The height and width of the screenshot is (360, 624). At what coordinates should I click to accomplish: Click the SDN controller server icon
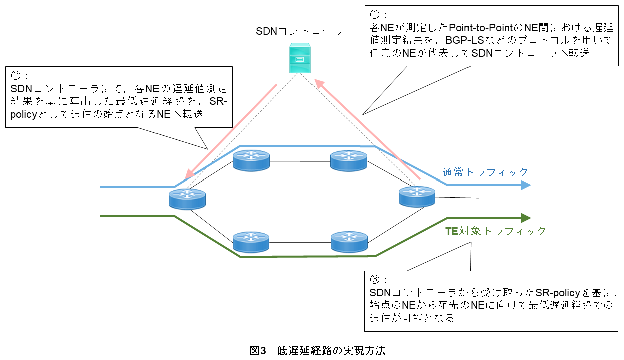[x=299, y=58]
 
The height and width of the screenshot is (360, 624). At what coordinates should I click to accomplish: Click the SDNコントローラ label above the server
[x=299, y=31]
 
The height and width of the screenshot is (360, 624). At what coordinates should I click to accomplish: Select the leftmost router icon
[x=187, y=200]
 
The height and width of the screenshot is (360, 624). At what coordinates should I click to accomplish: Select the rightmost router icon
[x=417, y=196]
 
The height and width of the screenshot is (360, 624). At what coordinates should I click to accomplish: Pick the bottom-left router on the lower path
[x=251, y=242]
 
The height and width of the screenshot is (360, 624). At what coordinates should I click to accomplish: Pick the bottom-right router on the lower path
[x=348, y=242]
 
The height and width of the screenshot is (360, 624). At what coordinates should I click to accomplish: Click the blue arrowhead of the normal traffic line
[x=526, y=185]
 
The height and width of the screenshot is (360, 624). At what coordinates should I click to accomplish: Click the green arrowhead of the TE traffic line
[x=526, y=218]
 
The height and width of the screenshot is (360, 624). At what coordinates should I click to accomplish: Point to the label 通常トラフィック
[x=485, y=172]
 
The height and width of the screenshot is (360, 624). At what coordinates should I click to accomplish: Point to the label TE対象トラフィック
[x=496, y=231]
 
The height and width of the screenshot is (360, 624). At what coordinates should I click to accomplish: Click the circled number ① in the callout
[x=374, y=14]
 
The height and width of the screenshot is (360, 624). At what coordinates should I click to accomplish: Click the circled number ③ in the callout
[x=374, y=279]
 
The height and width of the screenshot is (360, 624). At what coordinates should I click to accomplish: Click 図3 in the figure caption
[x=257, y=350]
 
